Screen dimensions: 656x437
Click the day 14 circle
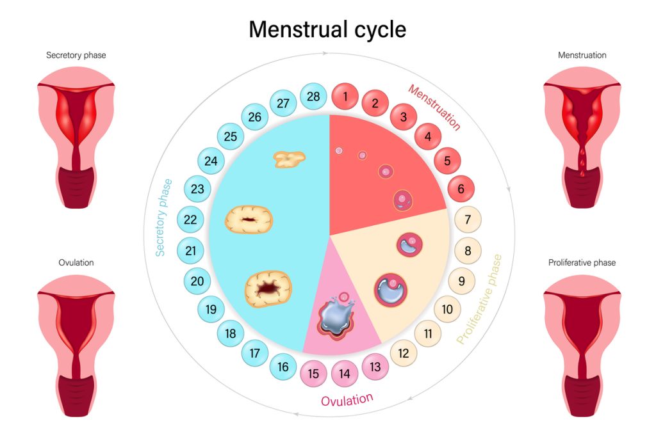[x=344, y=374]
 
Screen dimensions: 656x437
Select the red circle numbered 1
[x=345, y=97]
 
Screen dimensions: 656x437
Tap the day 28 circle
[x=313, y=97]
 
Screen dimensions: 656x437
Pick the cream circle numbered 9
[x=461, y=281]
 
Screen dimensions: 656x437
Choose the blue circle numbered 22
[x=190, y=219]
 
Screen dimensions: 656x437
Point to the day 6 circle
[x=461, y=189]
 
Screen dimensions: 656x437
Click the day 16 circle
[x=283, y=367]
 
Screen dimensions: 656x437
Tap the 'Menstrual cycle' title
[x=327, y=29]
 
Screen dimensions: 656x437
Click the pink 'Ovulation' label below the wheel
[x=347, y=400]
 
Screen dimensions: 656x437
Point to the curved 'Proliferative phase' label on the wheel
[x=479, y=299]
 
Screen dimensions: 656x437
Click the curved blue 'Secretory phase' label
[x=163, y=218]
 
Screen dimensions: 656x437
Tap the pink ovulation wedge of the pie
[x=339, y=317]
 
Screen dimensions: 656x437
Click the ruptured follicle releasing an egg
[x=336, y=316]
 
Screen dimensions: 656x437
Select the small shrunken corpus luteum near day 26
[x=289, y=159]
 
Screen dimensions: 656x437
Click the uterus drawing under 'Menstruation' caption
[x=582, y=138]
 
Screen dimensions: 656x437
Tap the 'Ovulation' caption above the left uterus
[x=76, y=263]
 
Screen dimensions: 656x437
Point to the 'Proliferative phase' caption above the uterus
[x=582, y=263]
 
